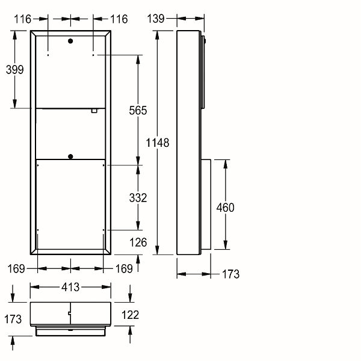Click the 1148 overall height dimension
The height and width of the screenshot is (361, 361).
click(158, 143)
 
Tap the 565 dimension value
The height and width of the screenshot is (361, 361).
click(138, 111)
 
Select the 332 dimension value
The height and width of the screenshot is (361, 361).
click(138, 198)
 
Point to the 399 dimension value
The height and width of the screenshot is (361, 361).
click(14, 70)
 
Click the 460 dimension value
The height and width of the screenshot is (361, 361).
click(226, 208)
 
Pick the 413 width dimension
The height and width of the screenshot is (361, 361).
click(70, 287)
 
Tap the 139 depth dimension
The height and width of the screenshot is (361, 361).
click(156, 19)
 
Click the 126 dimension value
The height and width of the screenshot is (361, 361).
click(138, 242)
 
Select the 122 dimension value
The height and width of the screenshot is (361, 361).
click(131, 315)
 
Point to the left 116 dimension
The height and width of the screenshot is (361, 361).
click(23, 19)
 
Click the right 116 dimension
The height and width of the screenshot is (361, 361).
click(119, 19)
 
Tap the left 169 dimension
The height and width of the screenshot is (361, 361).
click(16, 269)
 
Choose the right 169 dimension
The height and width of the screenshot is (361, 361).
click(124, 269)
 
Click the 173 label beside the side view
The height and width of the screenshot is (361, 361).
click(230, 274)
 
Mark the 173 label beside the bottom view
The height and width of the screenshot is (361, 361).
click(13, 319)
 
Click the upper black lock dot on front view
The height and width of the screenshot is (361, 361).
click(70, 41)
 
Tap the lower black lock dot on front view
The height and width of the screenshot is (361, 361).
click(70, 157)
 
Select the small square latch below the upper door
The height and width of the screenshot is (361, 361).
click(94, 111)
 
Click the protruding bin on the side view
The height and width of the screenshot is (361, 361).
click(206, 205)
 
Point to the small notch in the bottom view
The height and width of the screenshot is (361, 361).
click(69, 313)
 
